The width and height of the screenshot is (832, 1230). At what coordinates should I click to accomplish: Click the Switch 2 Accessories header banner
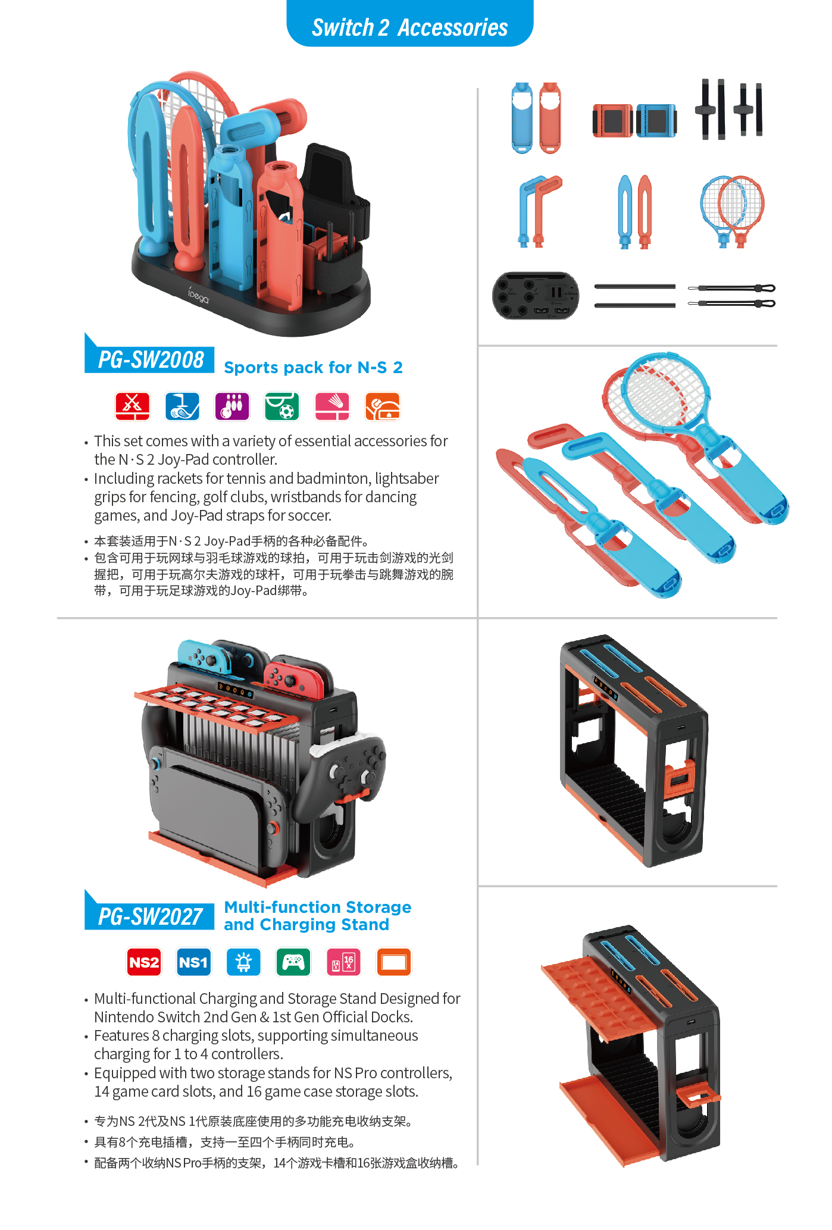click(x=409, y=24)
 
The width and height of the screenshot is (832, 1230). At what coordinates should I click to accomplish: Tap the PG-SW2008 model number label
click(x=150, y=359)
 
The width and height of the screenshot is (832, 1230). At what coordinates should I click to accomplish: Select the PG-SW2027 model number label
click(x=150, y=916)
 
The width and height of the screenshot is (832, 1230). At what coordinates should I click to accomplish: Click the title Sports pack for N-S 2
click(x=313, y=368)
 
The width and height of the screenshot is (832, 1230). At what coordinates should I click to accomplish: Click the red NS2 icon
click(x=144, y=962)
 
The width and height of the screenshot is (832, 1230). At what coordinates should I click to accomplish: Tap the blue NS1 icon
click(x=193, y=962)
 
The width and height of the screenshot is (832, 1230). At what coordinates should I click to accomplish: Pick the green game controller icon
click(x=293, y=962)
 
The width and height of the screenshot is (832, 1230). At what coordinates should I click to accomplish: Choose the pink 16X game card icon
click(x=343, y=962)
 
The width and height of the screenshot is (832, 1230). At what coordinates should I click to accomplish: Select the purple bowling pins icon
click(x=232, y=406)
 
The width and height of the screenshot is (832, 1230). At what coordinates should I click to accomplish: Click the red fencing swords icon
click(x=132, y=406)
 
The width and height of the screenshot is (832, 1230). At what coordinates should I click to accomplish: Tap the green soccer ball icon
click(x=282, y=406)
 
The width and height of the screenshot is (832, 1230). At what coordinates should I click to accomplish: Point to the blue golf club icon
click(x=182, y=406)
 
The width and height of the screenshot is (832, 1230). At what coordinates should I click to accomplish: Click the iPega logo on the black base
click(x=199, y=295)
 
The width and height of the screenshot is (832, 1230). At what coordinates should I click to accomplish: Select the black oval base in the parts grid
click(x=536, y=296)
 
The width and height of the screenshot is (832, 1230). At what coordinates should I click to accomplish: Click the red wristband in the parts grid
click(x=612, y=121)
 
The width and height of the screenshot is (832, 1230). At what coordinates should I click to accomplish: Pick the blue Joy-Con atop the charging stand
click(x=205, y=658)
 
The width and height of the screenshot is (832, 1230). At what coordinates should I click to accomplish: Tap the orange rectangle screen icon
click(x=394, y=962)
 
